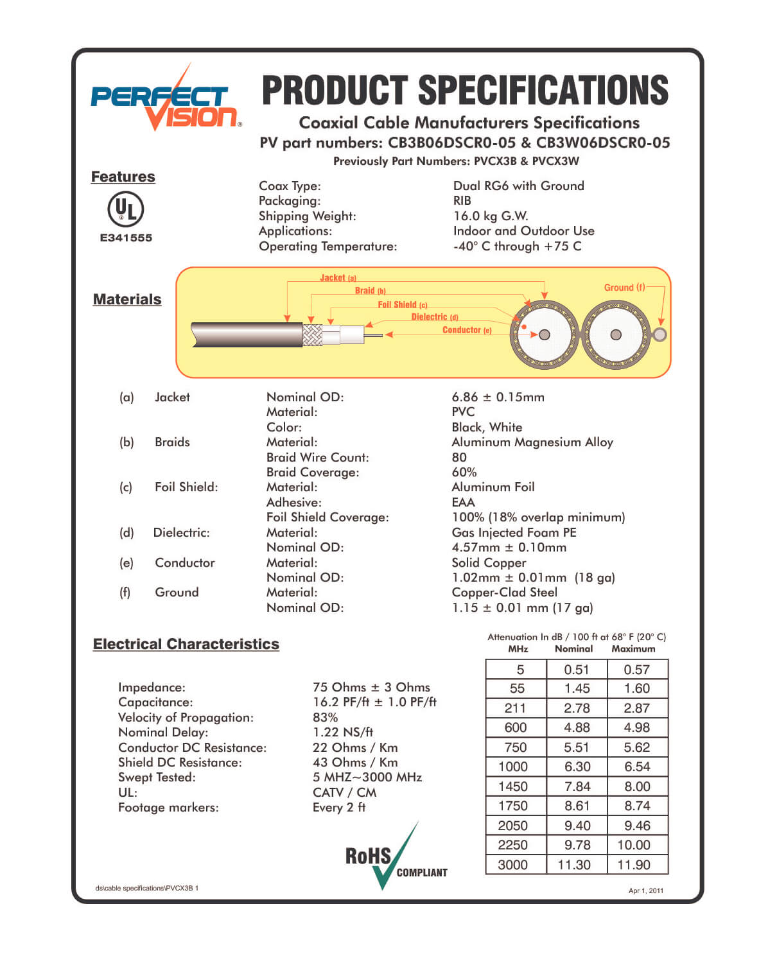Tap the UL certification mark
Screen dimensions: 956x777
[x=125, y=209]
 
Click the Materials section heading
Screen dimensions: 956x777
[x=127, y=299]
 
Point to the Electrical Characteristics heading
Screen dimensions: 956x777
[x=186, y=644]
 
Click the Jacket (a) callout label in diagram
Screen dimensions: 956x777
[x=338, y=278]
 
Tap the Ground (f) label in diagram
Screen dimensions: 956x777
[x=624, y=288]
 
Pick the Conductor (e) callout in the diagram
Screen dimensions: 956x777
[x=467, y=330]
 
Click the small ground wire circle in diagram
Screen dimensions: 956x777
[x=659, y=334]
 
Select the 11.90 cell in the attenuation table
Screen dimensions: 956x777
[x=633, y=865]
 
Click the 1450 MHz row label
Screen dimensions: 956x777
[x=513, y=787]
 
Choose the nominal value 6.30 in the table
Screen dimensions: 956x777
[x=577, y=767]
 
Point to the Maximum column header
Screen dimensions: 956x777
[x=633, y=649]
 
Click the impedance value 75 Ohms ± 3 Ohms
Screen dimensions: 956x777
[x=371, y=687]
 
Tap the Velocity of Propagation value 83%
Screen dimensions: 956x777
[x=325, y=717]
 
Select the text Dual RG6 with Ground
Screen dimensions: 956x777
[x=518, y=186]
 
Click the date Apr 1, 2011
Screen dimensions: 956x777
[x=645, y=891]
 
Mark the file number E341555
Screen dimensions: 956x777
[x=126, y=238]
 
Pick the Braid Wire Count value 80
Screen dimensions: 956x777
[x=459, y=457]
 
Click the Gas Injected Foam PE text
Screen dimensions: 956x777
[x=514, y=532]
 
